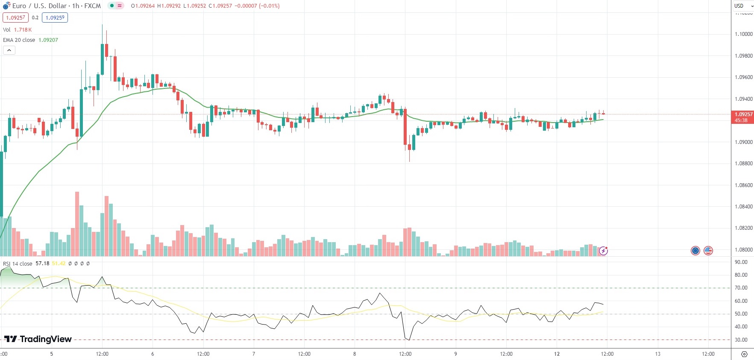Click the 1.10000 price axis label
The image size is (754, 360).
tap(743, 34)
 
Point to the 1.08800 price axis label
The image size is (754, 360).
tap(743, 164)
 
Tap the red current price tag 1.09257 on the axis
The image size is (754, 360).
tap(743, 114)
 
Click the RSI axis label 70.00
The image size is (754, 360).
tap(741, 288)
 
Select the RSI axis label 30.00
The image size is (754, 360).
tap(741, 340)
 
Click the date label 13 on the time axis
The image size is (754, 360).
tap(658, 354)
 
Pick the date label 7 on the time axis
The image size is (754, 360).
tap(254, 354)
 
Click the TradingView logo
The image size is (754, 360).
tap(38, 339)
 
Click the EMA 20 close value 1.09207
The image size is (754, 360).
tap(48, 40)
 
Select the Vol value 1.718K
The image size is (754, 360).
tap(23, 30)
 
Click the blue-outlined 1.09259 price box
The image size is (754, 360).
tap(55, 18)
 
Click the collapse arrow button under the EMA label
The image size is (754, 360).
tap(9, 50)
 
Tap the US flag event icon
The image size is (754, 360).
tap(708, 251)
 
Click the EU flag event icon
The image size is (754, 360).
tap(695, 251)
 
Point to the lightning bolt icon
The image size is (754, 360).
tap(603, 251)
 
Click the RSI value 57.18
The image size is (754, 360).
tap(42, 263)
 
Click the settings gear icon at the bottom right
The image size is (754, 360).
tap(744, 354)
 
